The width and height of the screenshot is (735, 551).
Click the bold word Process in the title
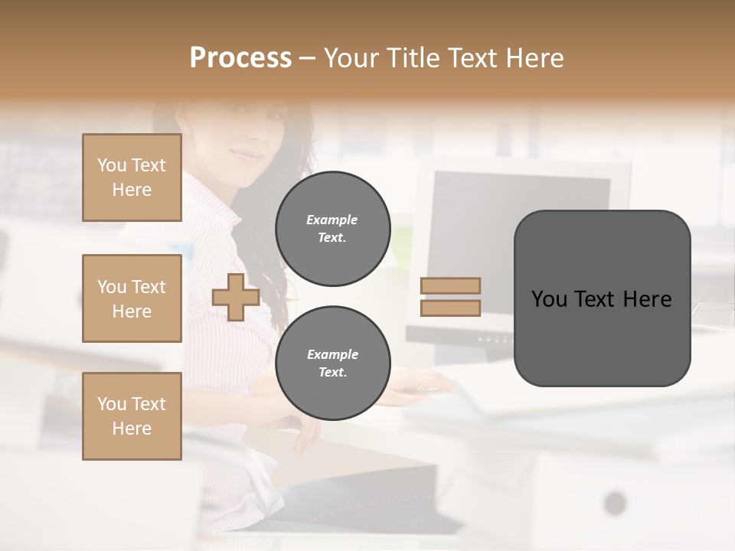click(x=240, y=57)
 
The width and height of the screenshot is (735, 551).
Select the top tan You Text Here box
click(x=132, y=178)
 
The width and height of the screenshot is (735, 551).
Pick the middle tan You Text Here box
click(x=132, y=298)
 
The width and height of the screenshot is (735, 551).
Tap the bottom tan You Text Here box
click(x=132, y=416)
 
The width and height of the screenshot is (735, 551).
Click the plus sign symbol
click(x=235, y=297)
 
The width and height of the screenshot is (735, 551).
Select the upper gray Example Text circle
click(x=332, y=229)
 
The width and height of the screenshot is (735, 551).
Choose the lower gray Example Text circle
click(x=332, y=364)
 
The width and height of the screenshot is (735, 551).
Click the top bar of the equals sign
click(x=451, y=285)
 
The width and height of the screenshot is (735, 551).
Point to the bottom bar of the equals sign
click(x=451, y=308)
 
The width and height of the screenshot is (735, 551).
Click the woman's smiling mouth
click(x=247, y=155)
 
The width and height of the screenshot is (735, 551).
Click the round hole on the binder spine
click(x=615, y=503)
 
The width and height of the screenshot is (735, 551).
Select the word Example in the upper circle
click(x=332, y=220)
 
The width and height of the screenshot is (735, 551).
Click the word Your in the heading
click(x=351, y=58)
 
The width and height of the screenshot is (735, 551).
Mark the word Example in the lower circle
click(x=332, y=354)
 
